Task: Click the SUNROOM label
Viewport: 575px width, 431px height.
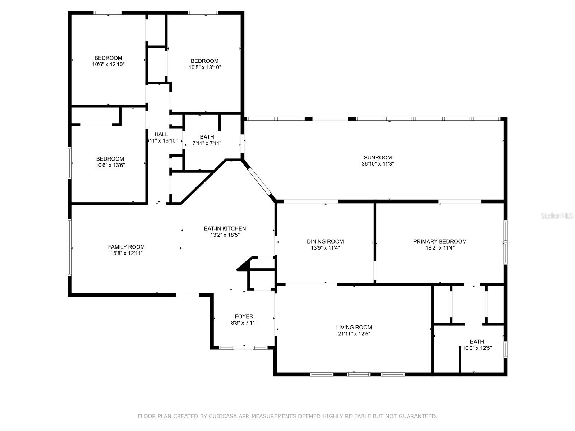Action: click(x=378, y=157)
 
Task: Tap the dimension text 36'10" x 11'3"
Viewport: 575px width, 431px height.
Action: click(x=378, y=164)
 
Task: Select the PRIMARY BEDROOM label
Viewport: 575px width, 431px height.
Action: click(x=440, y=241)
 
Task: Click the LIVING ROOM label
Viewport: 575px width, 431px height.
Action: click(x=354, y=327)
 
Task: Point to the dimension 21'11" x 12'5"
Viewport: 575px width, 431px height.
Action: click(x=354, y=334)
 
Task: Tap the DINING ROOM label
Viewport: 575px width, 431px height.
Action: click(x=325, y=241)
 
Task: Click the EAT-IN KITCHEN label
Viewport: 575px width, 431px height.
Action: click(x=225, y=228)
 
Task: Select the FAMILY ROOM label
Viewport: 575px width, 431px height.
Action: click(x=126, y=247)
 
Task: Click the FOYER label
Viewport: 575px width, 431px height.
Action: click(x=244, y=316)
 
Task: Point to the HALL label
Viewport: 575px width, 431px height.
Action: click(x=161, y=134)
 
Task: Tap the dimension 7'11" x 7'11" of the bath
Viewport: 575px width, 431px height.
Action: click(x=207, y=143)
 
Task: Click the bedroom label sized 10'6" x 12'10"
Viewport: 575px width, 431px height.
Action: click(x=108, y=58)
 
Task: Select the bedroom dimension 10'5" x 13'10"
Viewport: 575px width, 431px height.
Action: click(x=204, y=67)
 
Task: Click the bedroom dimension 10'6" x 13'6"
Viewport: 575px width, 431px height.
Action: click(x=110, y=165)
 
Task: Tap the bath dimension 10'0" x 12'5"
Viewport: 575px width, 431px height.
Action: click(x=477, y=348)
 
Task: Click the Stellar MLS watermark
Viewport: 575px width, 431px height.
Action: click(x=557, y=216)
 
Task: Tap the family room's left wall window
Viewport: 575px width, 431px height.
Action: click(x=70, y=248)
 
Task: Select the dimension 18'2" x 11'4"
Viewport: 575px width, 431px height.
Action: click(x=440, y=248)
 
